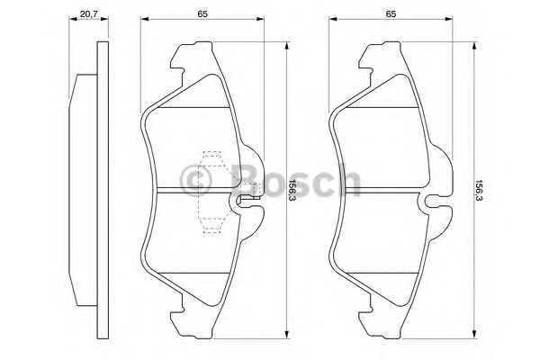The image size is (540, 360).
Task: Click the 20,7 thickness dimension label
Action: [x=89, y=14]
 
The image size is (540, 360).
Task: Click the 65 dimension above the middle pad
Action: [x=202, y=14]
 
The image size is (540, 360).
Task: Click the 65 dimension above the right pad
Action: [x=391, y=14]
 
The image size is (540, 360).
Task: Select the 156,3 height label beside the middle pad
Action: [x=292, y=190]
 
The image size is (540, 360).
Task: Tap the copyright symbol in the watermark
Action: [x=195, y=181]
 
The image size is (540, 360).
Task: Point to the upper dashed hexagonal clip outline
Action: [x=211, y=158]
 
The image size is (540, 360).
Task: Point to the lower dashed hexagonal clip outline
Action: [x=211, y=225]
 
